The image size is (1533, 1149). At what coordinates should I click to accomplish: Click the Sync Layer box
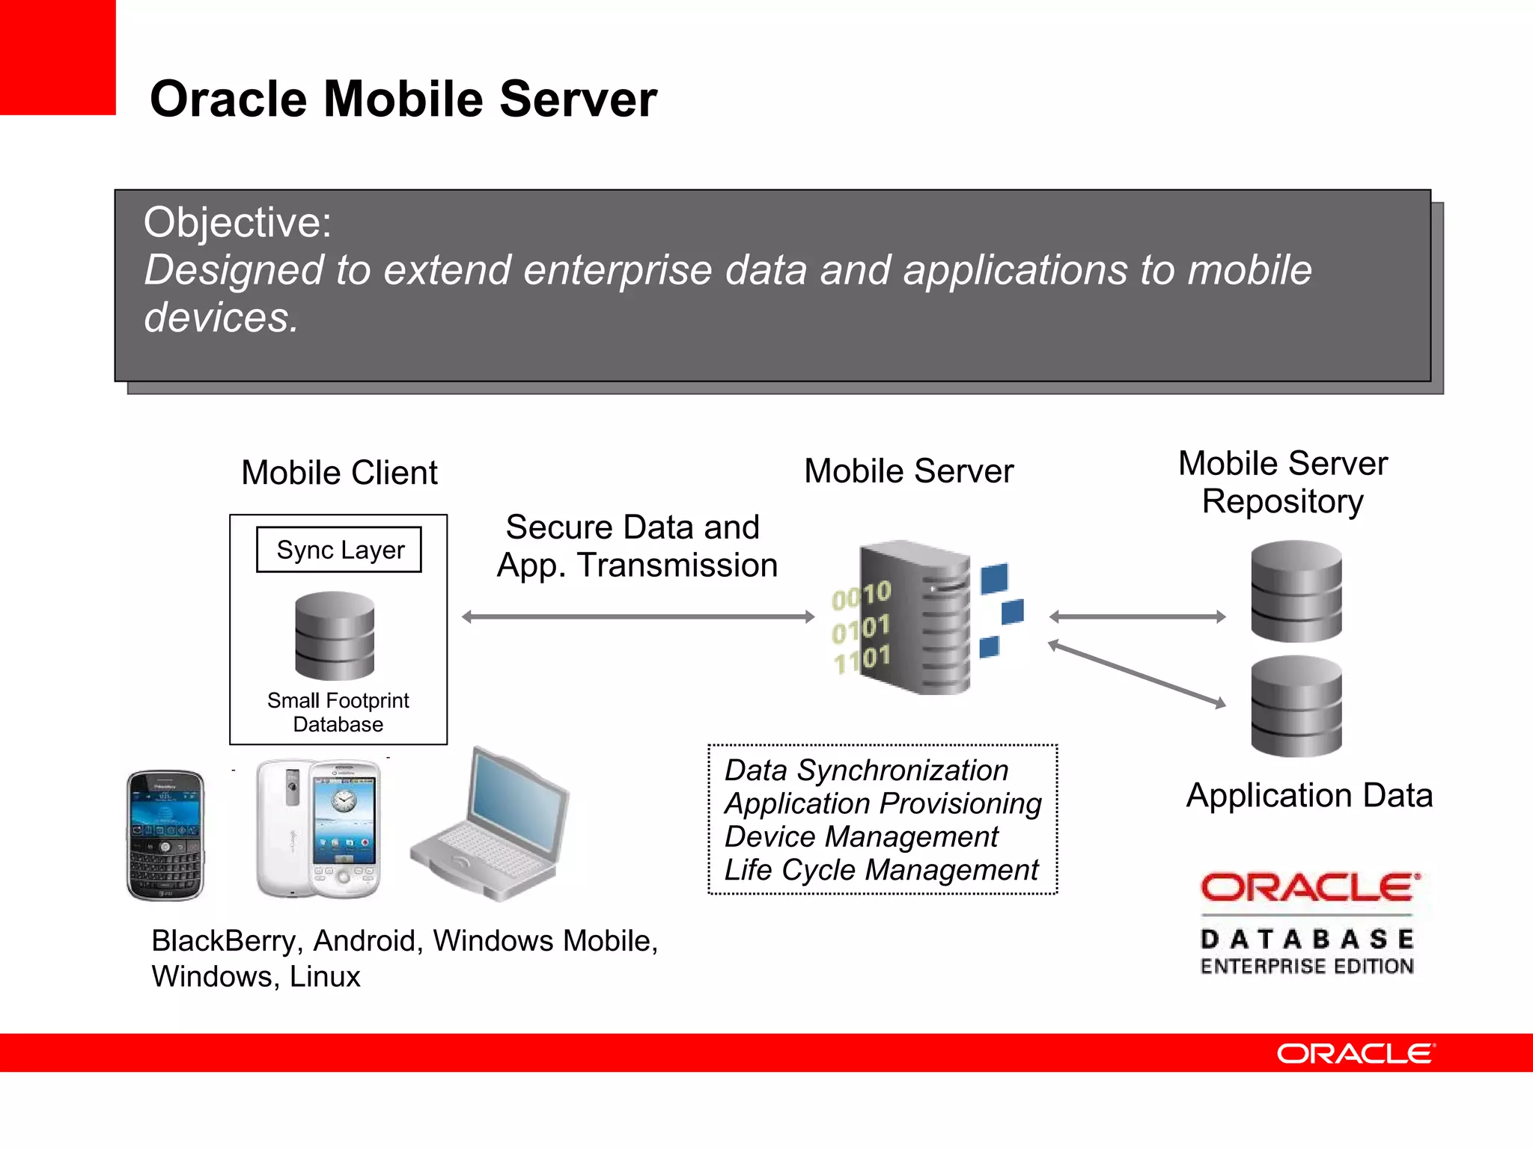(339, 550)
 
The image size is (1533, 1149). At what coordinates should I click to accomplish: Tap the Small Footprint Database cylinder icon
(335, 636)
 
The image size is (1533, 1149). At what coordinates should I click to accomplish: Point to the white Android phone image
(319, 829)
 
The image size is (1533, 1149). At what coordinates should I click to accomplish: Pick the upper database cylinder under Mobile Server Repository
(1296, 591)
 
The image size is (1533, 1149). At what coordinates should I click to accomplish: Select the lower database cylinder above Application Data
(1296, 706)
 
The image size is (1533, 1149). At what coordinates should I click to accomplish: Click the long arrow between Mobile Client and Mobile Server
(638, 617)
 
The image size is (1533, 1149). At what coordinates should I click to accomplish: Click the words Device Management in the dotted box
(861, 836)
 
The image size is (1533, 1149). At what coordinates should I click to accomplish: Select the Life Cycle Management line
(881, 870)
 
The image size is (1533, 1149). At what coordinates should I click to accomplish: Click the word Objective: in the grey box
(237, 222)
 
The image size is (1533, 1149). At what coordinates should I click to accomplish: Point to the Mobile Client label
(339, 473)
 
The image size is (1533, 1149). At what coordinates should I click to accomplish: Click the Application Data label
(1309, 795)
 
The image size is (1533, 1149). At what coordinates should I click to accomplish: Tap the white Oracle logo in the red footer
(1356, 1053)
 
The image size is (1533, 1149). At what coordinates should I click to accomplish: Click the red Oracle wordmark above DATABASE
(1309, 888)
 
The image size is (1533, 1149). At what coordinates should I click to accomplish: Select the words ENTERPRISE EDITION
(1307, 966)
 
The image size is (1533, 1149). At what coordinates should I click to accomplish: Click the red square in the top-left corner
(58, 57)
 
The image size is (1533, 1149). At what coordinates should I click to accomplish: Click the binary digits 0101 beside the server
(861, 628)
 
